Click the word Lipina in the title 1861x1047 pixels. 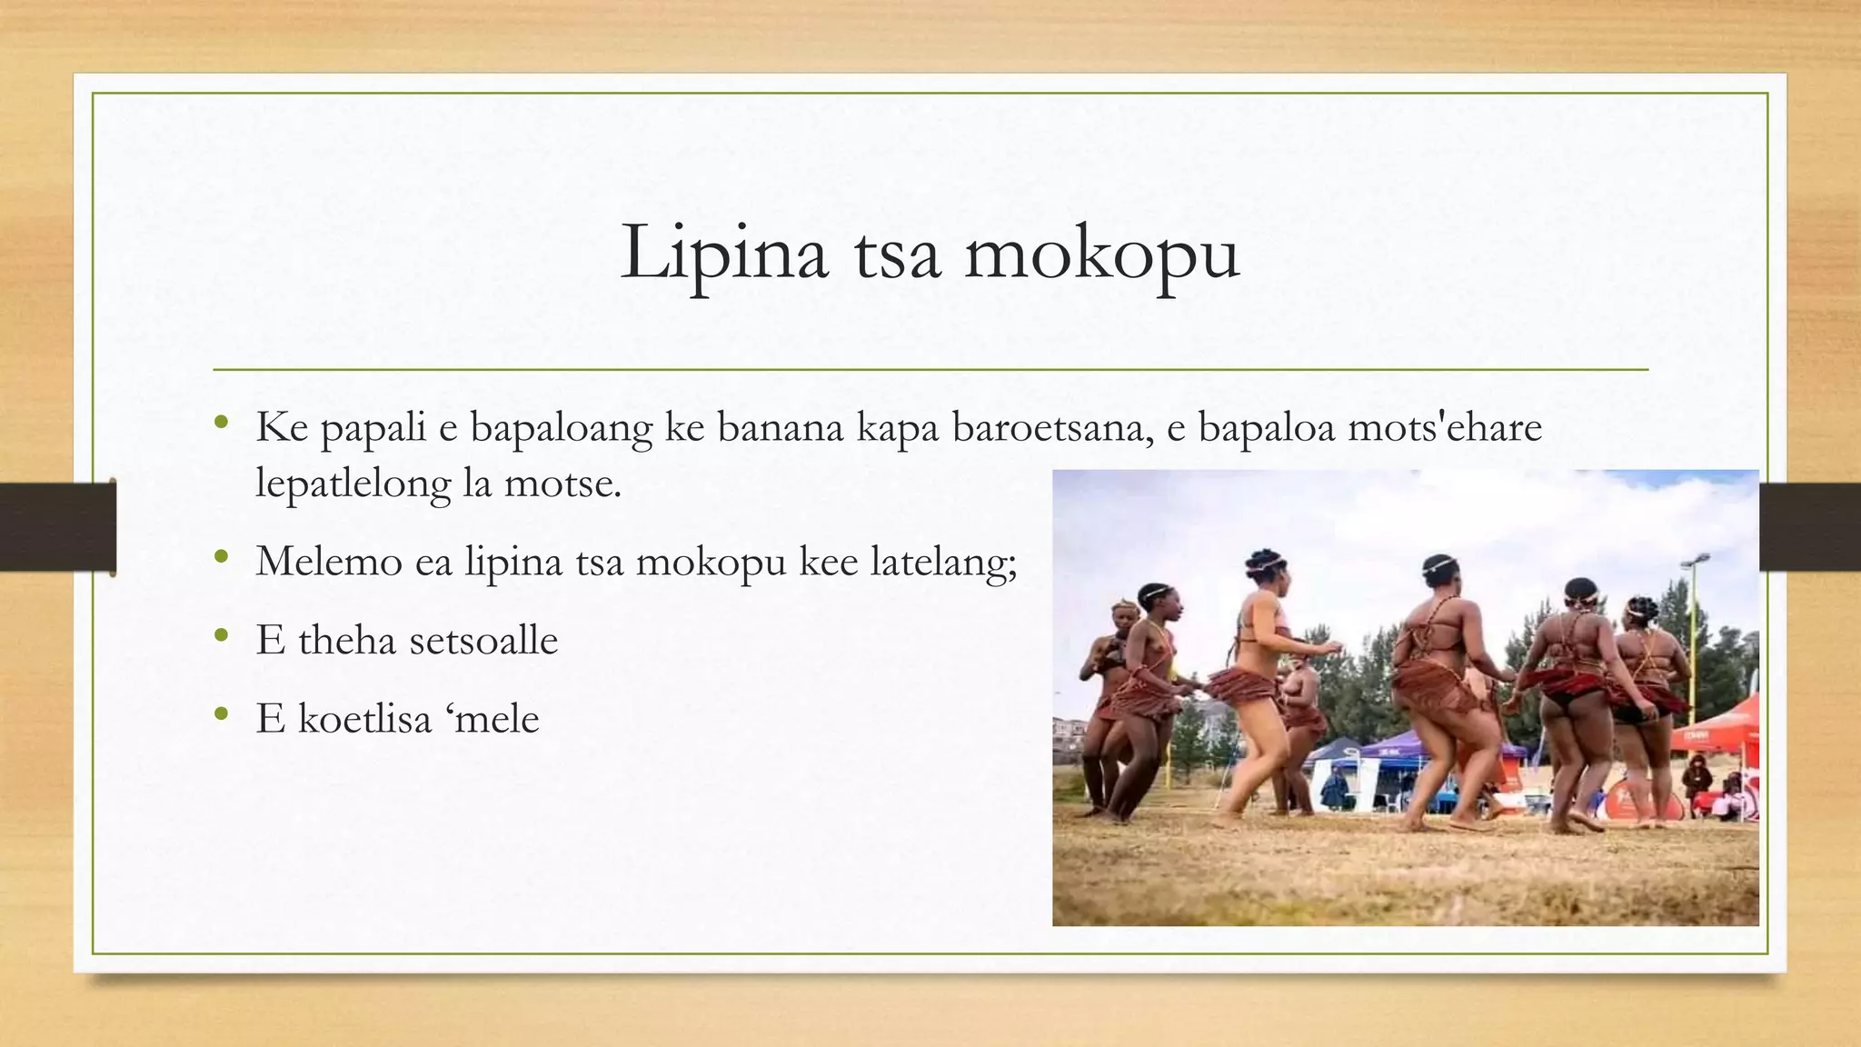coord(724,253)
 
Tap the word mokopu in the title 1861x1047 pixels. coord(1101,254)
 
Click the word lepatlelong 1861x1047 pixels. coord(353,484)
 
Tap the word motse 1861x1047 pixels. coord(562,484)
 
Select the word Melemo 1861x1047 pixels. coord(329,561)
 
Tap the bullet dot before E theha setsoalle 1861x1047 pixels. coord(221,635)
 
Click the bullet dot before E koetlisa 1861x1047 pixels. coord(221,714)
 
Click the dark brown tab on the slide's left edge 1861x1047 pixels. coord(57,527)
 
